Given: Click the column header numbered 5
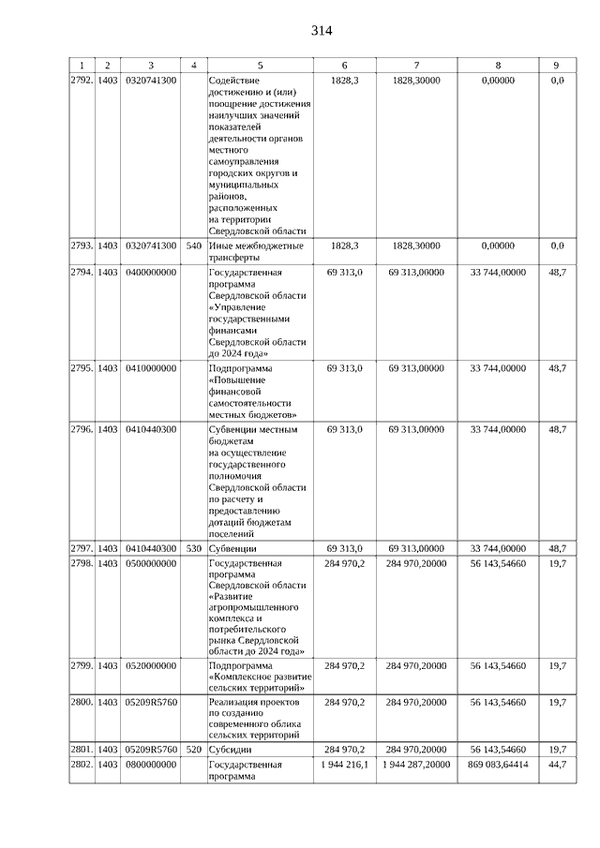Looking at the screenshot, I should click(260, 66).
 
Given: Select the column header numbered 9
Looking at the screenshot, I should click(557, 66).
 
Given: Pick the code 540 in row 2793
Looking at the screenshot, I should click(194, 245).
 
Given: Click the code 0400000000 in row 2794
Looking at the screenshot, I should click(151, 272).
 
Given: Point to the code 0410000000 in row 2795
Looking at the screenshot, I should click(151, 368).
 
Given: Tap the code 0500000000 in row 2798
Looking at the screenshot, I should click(151, 563).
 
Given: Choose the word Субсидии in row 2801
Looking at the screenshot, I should click(231, 751).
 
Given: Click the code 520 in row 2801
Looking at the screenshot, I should click(194, 751).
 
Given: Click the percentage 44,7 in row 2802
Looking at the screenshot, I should click(557, 766).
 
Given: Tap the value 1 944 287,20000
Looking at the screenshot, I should click(416, 766).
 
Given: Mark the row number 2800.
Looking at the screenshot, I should click(82, 702).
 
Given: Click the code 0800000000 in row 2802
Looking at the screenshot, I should click(151, 766).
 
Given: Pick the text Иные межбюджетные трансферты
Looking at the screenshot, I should click(255, 252).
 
